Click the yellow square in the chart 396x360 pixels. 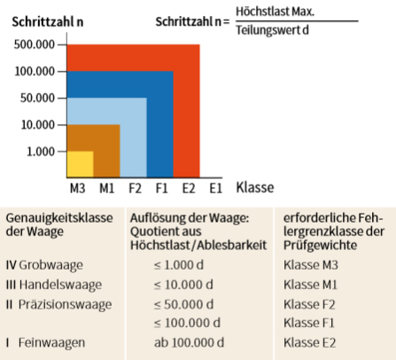coord(81,164)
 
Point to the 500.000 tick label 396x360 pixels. coord(35,44)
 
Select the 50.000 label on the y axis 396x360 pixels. coord(37,98)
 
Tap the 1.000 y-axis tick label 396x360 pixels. coord(41,152)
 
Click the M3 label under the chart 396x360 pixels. coord(77,188)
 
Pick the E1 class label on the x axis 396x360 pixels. coord(215,188)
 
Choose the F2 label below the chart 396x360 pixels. coord(135,188)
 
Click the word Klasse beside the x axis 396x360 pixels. coord(255,187)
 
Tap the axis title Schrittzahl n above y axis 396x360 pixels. coord(48,22)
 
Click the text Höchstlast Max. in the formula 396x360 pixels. coord(275,12)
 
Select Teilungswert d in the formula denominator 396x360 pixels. coord(272,30)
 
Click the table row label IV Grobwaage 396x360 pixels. coord(44,265)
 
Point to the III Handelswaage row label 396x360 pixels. coord(54,285)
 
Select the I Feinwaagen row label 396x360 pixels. coord(45,342)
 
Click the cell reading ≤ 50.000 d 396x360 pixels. coord(183,304)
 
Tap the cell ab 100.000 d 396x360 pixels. coord(189,342)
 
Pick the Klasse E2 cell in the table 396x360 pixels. coord(310,342)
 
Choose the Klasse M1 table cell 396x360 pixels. coord(310,285)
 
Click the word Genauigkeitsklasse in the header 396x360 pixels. coord(59,218)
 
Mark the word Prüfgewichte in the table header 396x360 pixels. coord(320,245)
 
